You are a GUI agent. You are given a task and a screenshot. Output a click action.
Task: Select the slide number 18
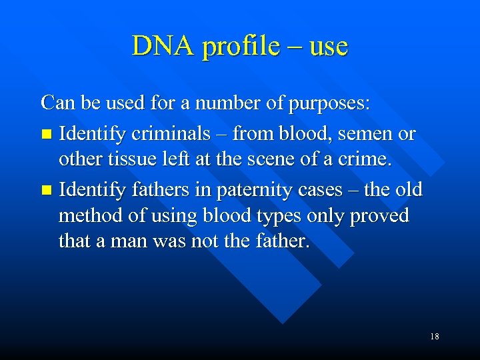[434, 337]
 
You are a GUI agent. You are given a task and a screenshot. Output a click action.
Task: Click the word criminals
[173, 133]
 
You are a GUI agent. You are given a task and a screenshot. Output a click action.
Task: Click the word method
[89, 216]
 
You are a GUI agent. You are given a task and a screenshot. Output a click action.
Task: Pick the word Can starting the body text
[55, 103]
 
